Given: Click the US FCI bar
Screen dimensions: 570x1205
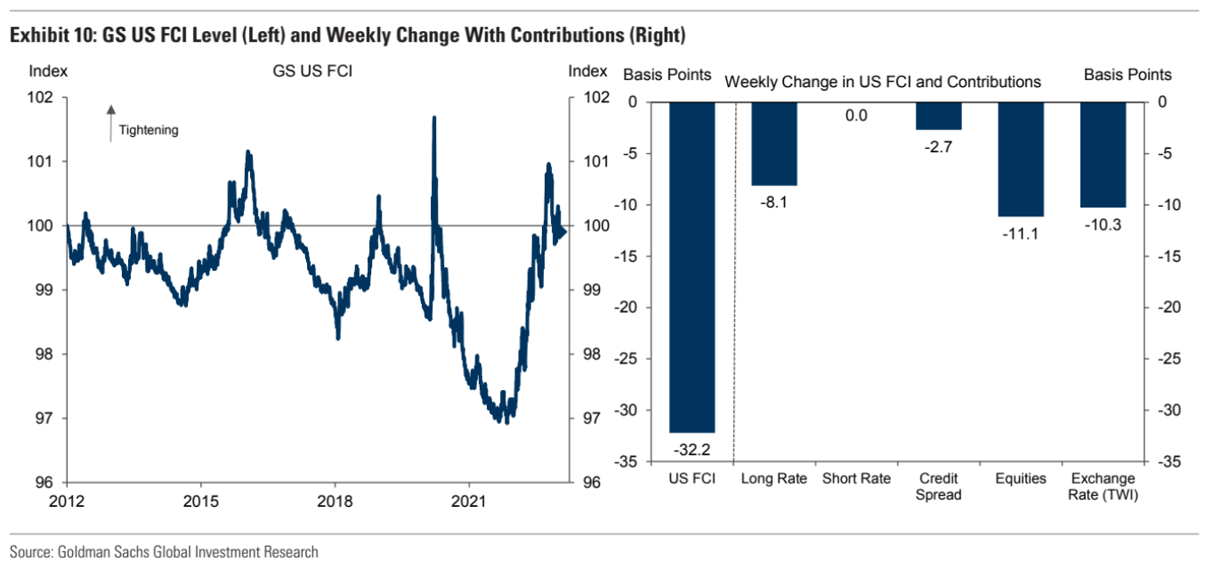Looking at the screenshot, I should (691, 267).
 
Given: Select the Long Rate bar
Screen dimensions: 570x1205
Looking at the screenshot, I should (774, 143).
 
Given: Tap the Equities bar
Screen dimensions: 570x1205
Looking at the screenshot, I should (1021, 159).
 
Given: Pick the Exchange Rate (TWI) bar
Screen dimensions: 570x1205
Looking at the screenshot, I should (1103, 155).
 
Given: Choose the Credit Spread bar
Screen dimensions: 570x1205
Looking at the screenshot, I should (939, 116).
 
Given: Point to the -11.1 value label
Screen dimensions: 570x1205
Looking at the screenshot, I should (1021, 234).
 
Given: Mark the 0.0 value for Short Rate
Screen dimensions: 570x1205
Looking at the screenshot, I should (856, 116).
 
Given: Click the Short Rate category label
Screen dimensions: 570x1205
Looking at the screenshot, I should (856, 479).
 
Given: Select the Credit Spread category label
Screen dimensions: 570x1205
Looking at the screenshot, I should (939, 486).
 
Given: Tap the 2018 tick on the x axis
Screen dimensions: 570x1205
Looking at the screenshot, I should (335, 501).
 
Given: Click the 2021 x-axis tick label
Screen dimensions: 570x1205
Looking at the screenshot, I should (469, 501).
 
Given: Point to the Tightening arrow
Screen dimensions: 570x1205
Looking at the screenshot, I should (111, 123).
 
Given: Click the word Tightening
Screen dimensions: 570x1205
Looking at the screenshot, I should (149, 130).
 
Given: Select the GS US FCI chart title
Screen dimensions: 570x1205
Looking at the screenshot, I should (312, 72).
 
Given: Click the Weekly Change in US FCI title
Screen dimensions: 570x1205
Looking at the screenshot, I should (882, 82).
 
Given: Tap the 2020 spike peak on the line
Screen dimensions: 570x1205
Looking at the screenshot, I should (433, 118).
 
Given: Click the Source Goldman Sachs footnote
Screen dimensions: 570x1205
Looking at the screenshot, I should (164, 552).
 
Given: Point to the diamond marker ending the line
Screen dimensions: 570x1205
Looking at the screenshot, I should (561, 232).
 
